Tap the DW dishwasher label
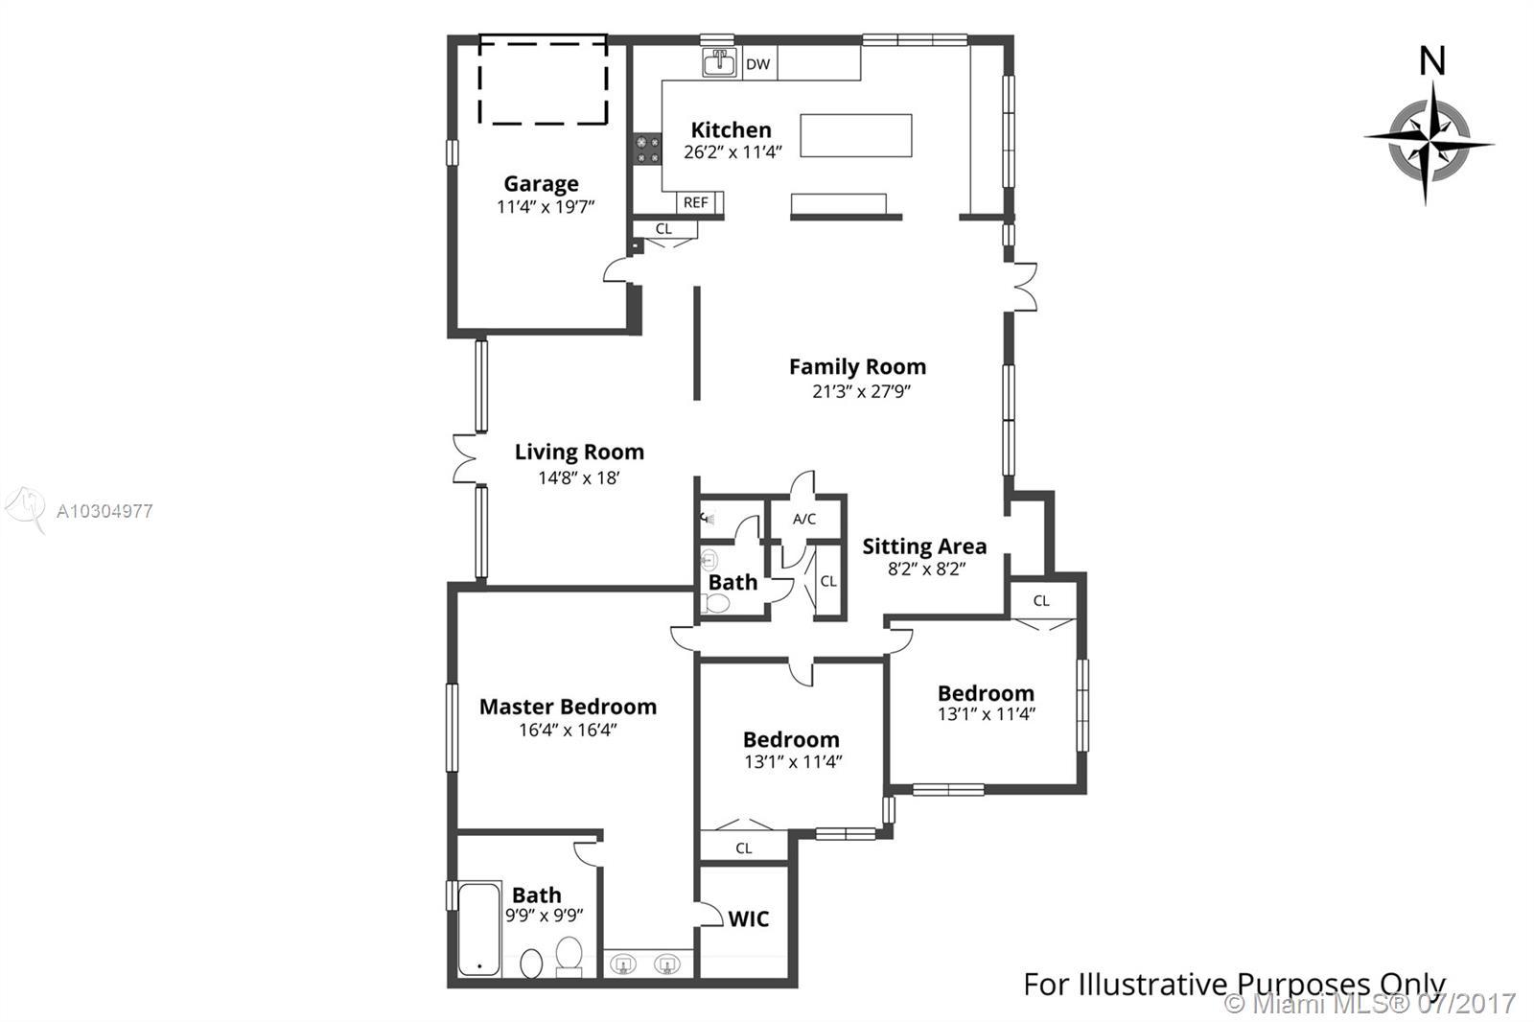[x=757, y=64]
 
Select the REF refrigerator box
[x=696, y=202]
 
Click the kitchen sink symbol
[x=720, y=62]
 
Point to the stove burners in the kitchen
[x=647, y=150]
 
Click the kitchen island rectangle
[x=856, y=135]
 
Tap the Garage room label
[x=541, y=183]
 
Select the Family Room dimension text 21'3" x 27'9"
[x=861, y=391]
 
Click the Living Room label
[x=579, y=453]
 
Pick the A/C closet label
[x=804, y=520]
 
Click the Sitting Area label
[x=924, y=546]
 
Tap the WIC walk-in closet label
[x=749, y=919]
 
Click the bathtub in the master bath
[x=479, y=930]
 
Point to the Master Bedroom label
[x=568, y=707]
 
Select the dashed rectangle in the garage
[x=543, y=80]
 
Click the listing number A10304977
[x=105, y=511]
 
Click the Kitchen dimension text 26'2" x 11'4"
[x=732, y=152]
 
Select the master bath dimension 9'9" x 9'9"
[x=545, y=916]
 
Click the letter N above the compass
[x=1432, y=61]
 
